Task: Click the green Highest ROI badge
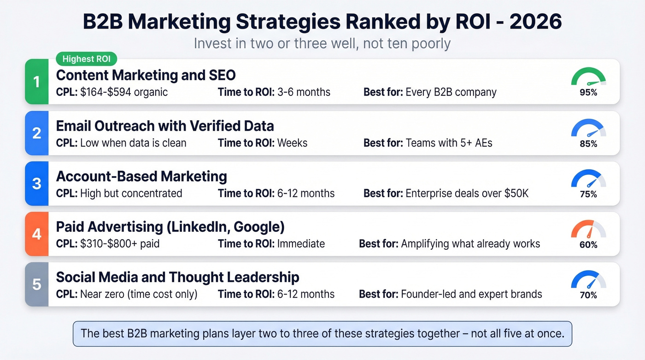click(x=87, y=59)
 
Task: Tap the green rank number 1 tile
click(x=37, y=82)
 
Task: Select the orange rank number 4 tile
click(x=37, y=234)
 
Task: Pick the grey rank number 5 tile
click(x=37, y=284)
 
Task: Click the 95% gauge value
click(x=588, y=92)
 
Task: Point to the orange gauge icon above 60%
click(x=588, y=229)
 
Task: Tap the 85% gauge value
click(x=588, y=144)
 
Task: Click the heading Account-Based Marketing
click(x=141, y=176)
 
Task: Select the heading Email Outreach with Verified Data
click(x=165, y=125)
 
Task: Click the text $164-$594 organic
click(x=124, y=92)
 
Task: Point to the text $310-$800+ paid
click(x=120, y=243)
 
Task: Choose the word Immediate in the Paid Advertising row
click(x=301, y=243)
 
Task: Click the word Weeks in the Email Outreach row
click(x=292, y=143)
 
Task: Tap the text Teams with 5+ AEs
click(x=449, y=143)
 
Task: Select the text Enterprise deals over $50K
click(x=467, y=193)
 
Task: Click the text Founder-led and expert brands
click(x=471, y=294)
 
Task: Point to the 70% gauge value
click(x=588, y=295)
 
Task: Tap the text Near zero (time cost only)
click(x=139, y=294)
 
